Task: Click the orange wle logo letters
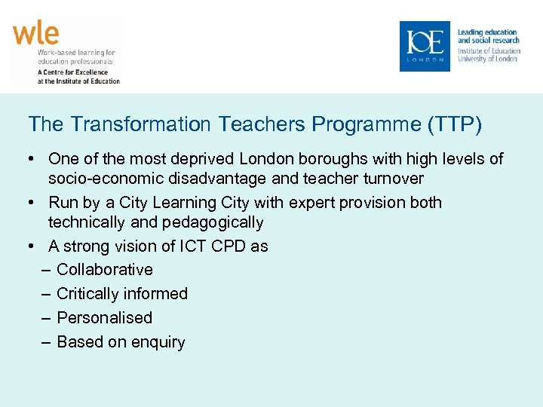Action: (35, 34)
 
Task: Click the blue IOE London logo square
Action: (425, 46)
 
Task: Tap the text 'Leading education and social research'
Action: (488, 36)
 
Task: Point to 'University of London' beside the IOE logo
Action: (487, 59)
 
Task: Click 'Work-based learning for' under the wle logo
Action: (75, 53)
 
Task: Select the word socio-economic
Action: (102, 179)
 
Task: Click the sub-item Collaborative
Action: (105, 270)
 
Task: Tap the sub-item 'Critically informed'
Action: (122, 294)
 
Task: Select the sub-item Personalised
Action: (105, 318)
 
